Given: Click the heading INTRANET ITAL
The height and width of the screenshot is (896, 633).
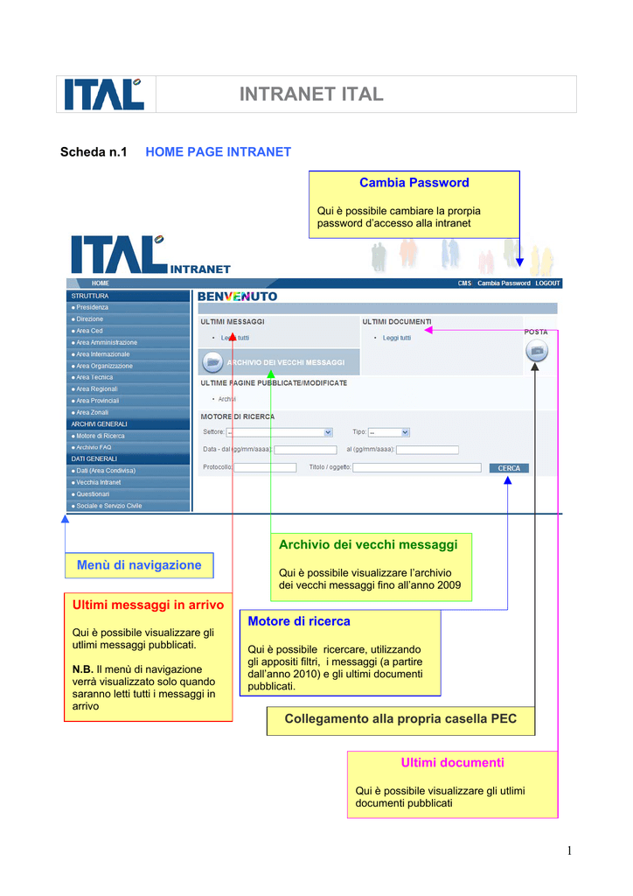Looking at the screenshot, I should (311, 94).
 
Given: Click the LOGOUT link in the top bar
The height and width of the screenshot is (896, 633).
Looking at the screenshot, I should (548, 283).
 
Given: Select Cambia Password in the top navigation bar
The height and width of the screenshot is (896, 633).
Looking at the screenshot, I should (504, 283).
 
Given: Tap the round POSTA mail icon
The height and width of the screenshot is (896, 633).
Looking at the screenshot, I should (537, 351).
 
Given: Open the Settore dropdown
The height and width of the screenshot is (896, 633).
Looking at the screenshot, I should (279, 432).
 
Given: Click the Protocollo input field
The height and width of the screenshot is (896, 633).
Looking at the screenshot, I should (265, 468).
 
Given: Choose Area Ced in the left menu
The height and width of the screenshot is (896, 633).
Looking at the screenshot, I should (89, 331).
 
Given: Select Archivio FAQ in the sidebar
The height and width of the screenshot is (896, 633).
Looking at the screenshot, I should (94, 447).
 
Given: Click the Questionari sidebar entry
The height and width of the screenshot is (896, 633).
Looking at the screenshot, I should (93, 493).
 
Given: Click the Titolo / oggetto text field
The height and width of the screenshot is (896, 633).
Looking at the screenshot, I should (417, 468).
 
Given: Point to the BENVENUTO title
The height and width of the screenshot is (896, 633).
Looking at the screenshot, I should (238, 297).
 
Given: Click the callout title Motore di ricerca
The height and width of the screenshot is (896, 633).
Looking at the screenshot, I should (299, 621).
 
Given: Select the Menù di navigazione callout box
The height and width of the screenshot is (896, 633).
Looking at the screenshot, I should (139, 565).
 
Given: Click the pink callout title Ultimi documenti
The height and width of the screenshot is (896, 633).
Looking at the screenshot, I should (452, 763).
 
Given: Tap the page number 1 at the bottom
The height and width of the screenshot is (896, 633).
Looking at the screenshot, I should (568, 850).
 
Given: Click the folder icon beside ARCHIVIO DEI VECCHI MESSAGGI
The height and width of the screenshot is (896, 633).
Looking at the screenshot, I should (212, 361).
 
